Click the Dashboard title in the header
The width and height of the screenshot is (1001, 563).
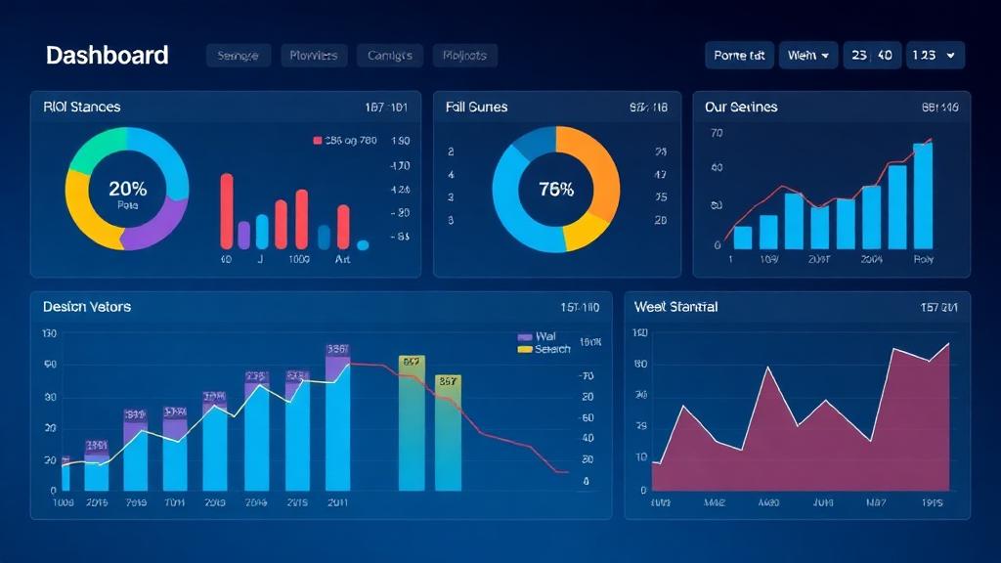(x=107, y=56)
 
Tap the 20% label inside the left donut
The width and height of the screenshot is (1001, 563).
(x=127, y=189)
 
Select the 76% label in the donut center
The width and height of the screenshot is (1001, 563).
(x=555, y=190)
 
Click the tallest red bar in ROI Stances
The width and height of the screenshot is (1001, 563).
(x=227, y=210)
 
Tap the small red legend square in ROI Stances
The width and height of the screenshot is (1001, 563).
(x=317, y=141)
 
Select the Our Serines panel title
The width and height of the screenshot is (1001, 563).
(x=741, y=107)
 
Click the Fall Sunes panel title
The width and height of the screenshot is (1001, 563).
(x=476, y=107)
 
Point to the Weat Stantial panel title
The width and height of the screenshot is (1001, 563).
(x=675, y=307)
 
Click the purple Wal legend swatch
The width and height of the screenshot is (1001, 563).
(x=524, y=336)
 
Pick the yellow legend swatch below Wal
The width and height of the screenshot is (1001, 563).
(x=524, y=349)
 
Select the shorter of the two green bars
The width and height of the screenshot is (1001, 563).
(x=448, y=435)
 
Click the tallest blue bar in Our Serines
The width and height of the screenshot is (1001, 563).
(x=922, y=195)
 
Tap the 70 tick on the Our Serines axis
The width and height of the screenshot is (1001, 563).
(x=716, y=133)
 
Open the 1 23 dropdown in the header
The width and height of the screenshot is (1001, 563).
(x=936, y=56)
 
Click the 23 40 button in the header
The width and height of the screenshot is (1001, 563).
(x=872, y=56)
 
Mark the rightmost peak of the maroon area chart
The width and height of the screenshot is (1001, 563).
(x=947, y=344)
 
